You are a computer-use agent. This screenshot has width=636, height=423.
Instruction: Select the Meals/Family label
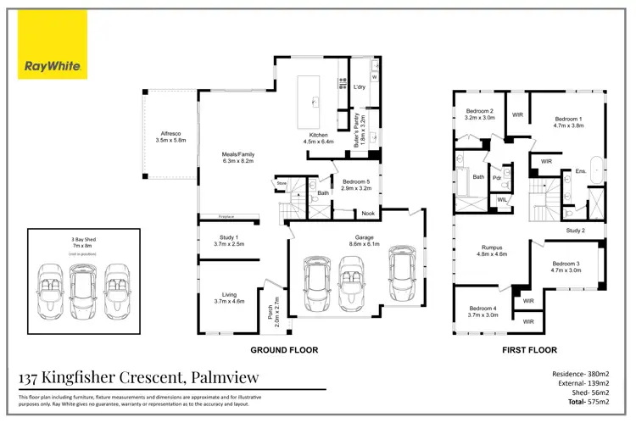(238, 158)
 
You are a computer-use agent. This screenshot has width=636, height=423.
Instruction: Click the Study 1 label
(228, 240)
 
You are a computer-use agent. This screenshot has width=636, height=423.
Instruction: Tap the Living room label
(228, 298)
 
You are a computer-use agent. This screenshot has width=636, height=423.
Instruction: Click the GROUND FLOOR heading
(283, 349)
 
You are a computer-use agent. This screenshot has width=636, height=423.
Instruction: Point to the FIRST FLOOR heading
(529, 349)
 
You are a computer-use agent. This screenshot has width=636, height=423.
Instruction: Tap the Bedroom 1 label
(568, 122)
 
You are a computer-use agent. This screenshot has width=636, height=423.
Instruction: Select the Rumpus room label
(491, 251)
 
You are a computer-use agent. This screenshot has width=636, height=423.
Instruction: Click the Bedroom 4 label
(483, 311)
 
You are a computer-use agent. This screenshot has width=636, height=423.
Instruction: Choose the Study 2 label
(576, 231)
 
